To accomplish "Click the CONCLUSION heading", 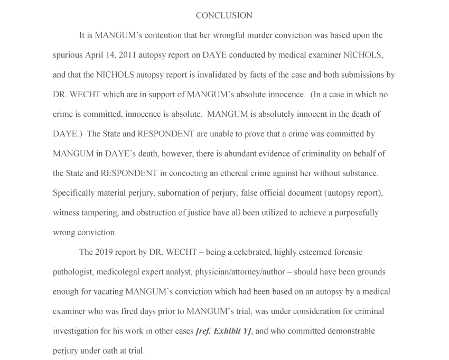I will point(224,16).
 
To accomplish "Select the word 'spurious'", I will point(68,55).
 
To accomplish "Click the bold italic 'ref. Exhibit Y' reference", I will point(223,331).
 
